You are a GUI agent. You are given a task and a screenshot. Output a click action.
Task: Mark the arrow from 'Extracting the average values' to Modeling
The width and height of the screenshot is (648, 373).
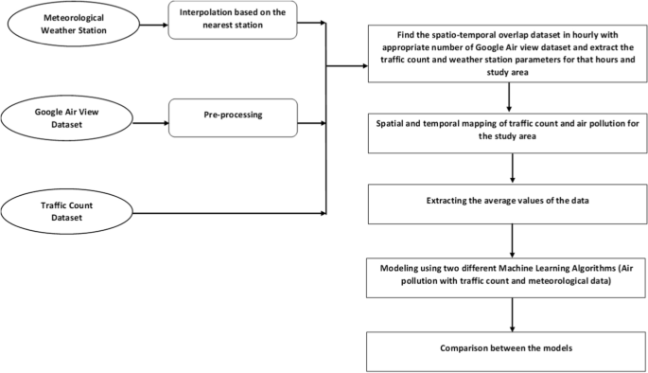pos(511,238)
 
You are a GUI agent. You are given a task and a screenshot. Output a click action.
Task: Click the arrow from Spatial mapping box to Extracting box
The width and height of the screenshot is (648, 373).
pos(511,165)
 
